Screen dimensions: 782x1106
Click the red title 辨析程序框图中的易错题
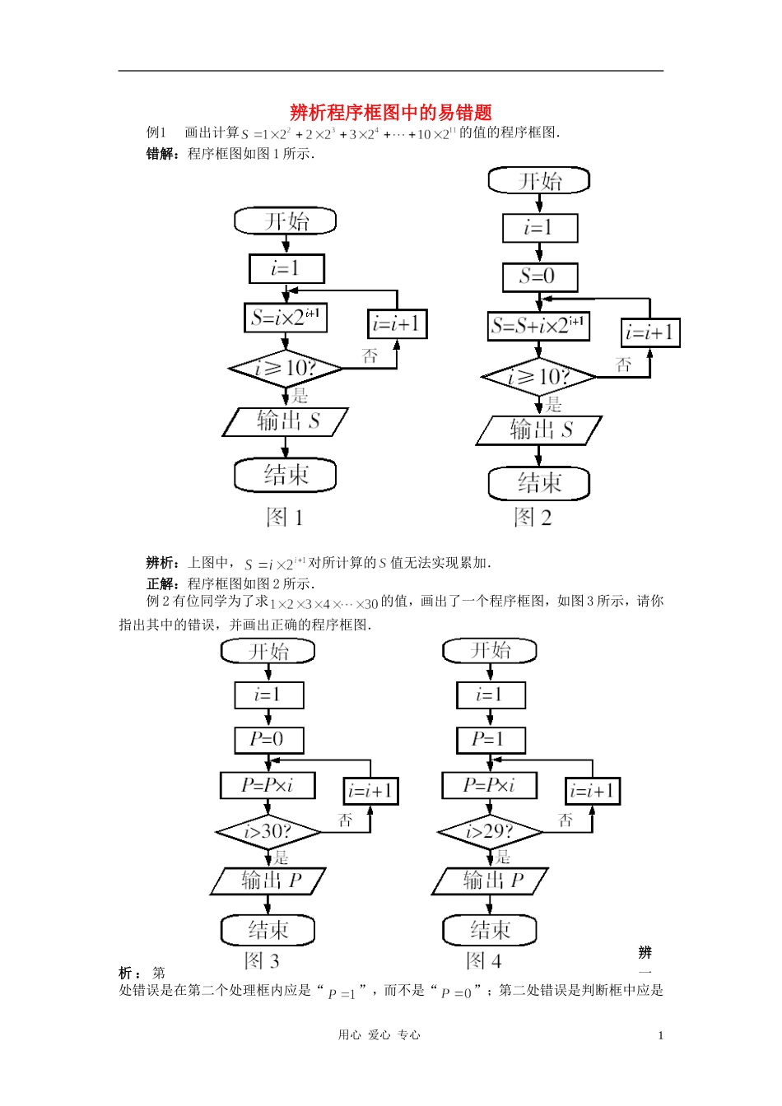coord(391,113)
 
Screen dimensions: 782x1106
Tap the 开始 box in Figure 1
coord(286,221)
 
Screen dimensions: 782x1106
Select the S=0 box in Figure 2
coord(540,276)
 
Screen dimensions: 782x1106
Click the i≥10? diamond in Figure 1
coord(286,368)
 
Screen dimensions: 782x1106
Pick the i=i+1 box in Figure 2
coord(650,332)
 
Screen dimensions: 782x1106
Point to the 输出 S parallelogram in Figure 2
coord(539,430)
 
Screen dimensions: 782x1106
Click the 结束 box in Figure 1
coord(286,475)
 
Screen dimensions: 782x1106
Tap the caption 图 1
coord(285,517)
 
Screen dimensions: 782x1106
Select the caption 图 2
coord(533,517)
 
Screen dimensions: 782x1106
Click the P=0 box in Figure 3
coord(268,740)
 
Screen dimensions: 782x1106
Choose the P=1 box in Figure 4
coord(490,740)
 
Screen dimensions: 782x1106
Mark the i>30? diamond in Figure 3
coord(268,832)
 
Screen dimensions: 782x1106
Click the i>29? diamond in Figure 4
coord(490,832)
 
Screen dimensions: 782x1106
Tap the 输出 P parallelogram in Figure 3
coord(268,881)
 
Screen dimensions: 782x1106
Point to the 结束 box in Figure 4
coord(490,930)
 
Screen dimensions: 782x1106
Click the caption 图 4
coord(483,960)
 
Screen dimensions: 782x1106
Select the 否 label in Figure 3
coord(345,820)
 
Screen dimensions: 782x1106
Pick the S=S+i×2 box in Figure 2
coord(539,325)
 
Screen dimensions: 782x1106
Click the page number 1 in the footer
coord(660,1035)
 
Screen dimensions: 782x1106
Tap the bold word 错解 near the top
coord(160,153)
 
